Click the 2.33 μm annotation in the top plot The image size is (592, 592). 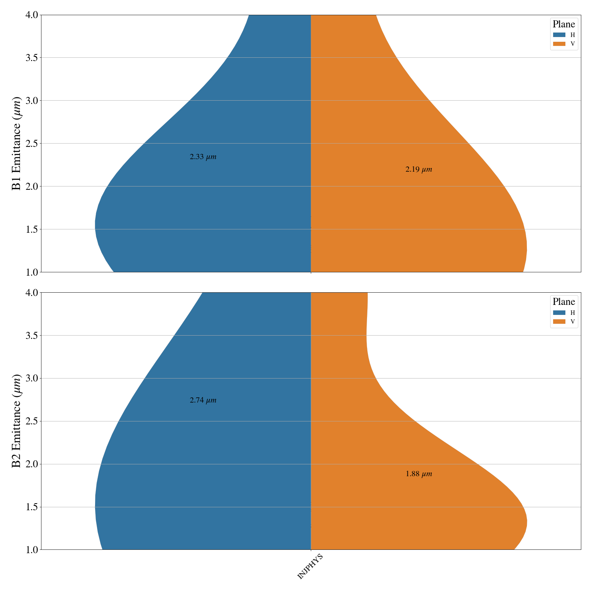203,157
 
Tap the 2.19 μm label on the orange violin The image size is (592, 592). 418,169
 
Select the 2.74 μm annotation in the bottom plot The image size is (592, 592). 203,400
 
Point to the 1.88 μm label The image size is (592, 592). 418,474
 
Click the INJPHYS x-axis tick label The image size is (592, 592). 310,566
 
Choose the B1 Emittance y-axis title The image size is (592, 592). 17,143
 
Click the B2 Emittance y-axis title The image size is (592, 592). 17,421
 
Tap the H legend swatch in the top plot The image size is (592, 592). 559,35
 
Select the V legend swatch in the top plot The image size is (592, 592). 559,44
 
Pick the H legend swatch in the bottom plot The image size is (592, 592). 559,313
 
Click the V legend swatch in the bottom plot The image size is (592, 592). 559,322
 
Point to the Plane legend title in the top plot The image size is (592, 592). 564,24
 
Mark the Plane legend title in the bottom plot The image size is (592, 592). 564,302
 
